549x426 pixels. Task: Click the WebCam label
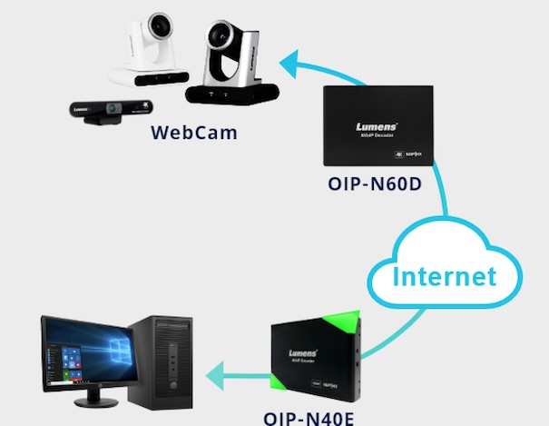pos(194,133)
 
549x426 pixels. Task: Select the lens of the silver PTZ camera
pos(220,37)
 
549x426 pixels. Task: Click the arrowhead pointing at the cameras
pos(289,64)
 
